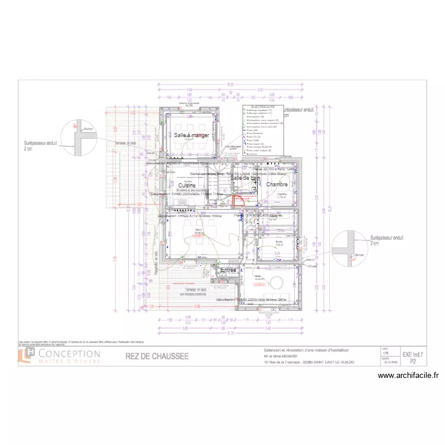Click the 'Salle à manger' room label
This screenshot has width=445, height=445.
tap(192, 135)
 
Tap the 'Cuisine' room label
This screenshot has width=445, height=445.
tap(187, 186)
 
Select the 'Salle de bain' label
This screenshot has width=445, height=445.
tap(246, 178)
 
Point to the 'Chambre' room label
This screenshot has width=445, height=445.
tap(277, 185)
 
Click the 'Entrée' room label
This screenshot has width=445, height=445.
tap(228, 270)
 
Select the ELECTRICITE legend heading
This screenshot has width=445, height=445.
tap(259, 107)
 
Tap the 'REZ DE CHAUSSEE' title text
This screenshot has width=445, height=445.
tap(157, 356)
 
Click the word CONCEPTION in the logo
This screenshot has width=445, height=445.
tap(69, 354)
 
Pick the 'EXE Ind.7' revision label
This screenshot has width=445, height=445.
tap(414, 354)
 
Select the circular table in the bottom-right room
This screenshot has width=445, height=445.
tap(277, 281)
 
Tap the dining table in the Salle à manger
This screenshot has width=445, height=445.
tap(191, 129)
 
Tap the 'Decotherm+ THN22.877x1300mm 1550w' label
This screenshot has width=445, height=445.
tap(190, 216)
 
